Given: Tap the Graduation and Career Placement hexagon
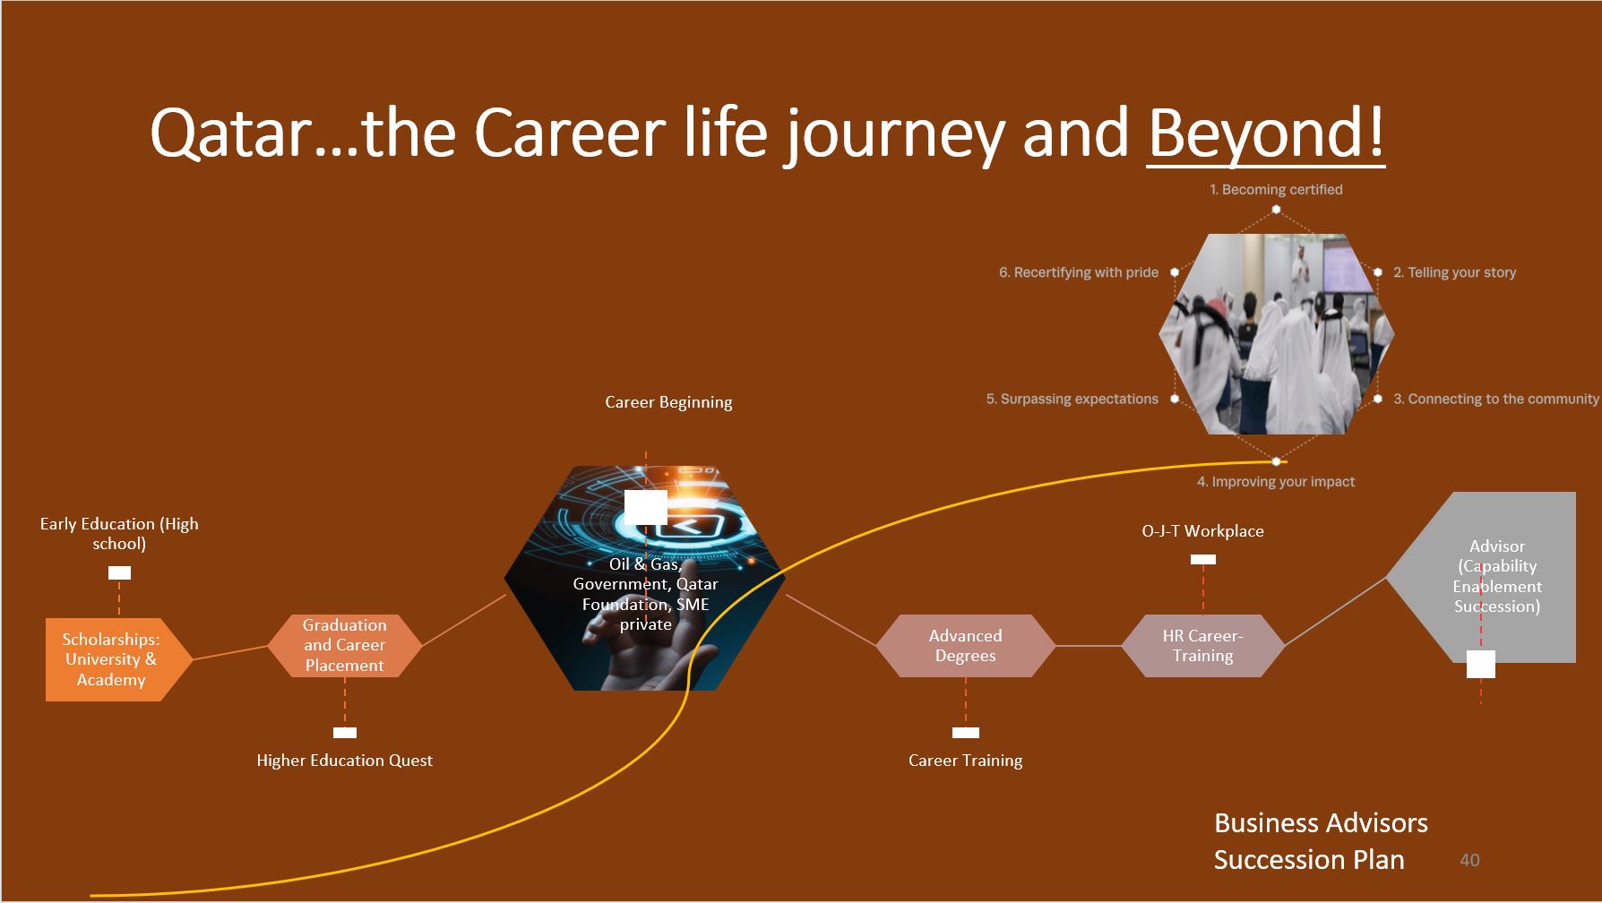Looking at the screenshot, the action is [x=345, y=645].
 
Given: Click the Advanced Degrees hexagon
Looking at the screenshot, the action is [x=966, y=645].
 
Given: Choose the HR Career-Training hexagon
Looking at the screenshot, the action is [x=1203, y=645].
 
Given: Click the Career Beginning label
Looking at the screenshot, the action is [x=668, y=402].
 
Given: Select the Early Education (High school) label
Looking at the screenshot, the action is [x=119, y=534].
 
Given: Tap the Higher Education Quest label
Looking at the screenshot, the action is [x=344, y=761].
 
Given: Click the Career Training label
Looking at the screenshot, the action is [x=965, y=761].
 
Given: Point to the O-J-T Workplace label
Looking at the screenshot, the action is [x=1202, y=531].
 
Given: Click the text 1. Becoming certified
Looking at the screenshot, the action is [x=1276, y=190].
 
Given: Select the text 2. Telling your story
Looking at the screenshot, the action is [x=1454, y=272].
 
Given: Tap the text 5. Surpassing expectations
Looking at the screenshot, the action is [x=1072, y=399].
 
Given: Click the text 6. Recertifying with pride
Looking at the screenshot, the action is [x=1079, y=272].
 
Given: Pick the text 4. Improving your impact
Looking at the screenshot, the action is [x=1276, y=482].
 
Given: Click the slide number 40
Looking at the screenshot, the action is [x=1469, y=860].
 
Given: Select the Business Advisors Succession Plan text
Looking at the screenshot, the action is [x=1321, y=841].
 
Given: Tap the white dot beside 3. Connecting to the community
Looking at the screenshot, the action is [x=1378, y=399].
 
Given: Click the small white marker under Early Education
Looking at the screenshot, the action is [x=119, y=572].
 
